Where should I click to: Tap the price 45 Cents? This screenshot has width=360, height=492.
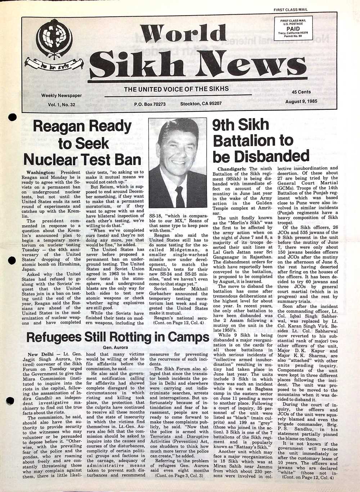point(301,92)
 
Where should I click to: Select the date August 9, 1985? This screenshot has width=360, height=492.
point(301,101)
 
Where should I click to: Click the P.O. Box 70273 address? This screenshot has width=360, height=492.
point(149,104)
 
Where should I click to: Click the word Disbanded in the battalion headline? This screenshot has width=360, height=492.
point(261,156)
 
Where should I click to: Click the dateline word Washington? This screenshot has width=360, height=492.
point(41,172)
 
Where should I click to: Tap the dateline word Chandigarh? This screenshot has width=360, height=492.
point(232,169)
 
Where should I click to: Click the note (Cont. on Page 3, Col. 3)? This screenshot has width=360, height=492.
point(179,475)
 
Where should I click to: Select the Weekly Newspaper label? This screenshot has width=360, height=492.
point(61,96)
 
